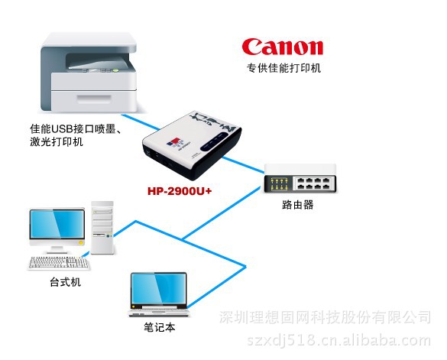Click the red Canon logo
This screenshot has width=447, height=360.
(x=282, y=47)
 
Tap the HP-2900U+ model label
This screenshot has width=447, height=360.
(x=180, y=191)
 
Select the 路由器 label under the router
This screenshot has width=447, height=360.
(x=298, y=205)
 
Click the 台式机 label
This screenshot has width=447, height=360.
(x=65, y=282)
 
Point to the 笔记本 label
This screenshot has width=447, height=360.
(x=160, y=327)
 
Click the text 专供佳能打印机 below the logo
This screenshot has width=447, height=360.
(x=283, y=68)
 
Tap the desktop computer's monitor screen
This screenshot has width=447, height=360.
(x=57, y=224)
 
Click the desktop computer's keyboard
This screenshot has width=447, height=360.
(x=59, y=262)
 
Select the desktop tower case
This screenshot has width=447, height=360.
(x=102, y=228)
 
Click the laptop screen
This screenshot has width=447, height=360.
(x=158, y=289)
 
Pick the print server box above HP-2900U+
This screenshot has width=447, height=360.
(x=192, y=145)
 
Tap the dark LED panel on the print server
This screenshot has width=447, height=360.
(x=215, y=141)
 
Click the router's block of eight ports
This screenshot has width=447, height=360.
(x=313, y=184)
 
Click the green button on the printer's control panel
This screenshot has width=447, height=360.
(x=115, y=70)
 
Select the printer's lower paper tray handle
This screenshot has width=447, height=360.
(x=94, y=99)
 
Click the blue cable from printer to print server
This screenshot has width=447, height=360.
(x=141, y=122)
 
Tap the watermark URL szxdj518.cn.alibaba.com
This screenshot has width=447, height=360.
(x=338, y=340)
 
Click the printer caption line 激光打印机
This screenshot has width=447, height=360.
(x=57, y=141)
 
